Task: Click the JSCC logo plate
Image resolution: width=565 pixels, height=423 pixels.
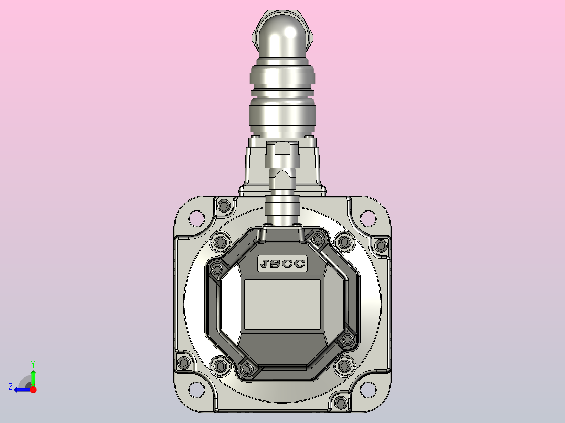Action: point(282,263)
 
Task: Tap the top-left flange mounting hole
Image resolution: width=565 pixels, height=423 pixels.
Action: point(197,218)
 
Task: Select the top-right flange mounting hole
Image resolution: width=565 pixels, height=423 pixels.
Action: point(368,218)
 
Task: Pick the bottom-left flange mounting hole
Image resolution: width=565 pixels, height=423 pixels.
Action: point(197,389)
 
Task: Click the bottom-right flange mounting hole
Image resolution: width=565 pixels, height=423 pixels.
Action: point(368,389)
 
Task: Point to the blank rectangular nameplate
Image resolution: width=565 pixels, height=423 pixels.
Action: point(282,304)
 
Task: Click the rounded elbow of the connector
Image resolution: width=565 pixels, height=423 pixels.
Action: point(282,36)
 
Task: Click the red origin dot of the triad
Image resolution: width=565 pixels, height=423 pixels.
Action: point(33,389)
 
